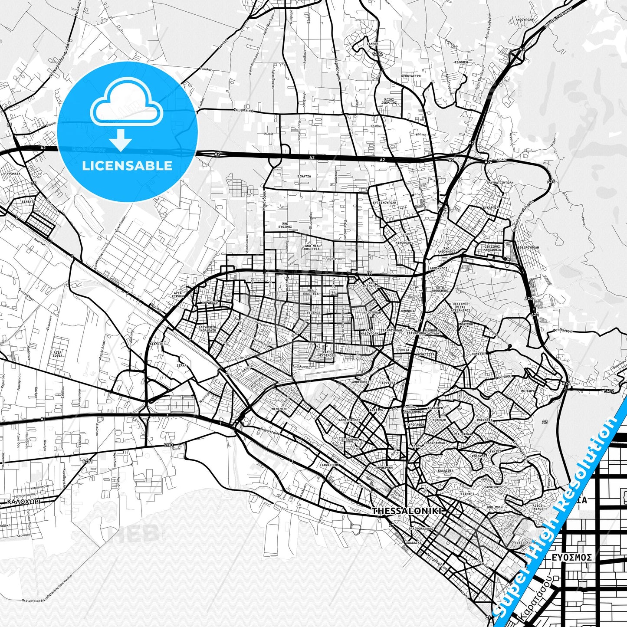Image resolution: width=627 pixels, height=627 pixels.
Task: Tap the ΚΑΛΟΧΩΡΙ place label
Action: [24, 501]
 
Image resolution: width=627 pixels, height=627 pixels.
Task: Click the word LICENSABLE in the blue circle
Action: [127, 166]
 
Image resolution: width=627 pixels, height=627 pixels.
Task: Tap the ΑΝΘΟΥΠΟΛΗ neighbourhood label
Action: [523, 32]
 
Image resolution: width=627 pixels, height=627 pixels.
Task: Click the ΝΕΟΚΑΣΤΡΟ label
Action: [411, 76]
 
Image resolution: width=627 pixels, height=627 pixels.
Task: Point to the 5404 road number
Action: [377, 55]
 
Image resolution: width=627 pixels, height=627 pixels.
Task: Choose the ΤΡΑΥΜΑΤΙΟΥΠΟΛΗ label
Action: [499, 183]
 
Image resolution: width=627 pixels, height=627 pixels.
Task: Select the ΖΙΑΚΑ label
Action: [181, 365]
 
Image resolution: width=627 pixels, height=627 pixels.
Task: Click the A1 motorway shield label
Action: [43, 419]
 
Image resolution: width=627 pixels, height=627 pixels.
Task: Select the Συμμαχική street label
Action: [243, 110]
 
